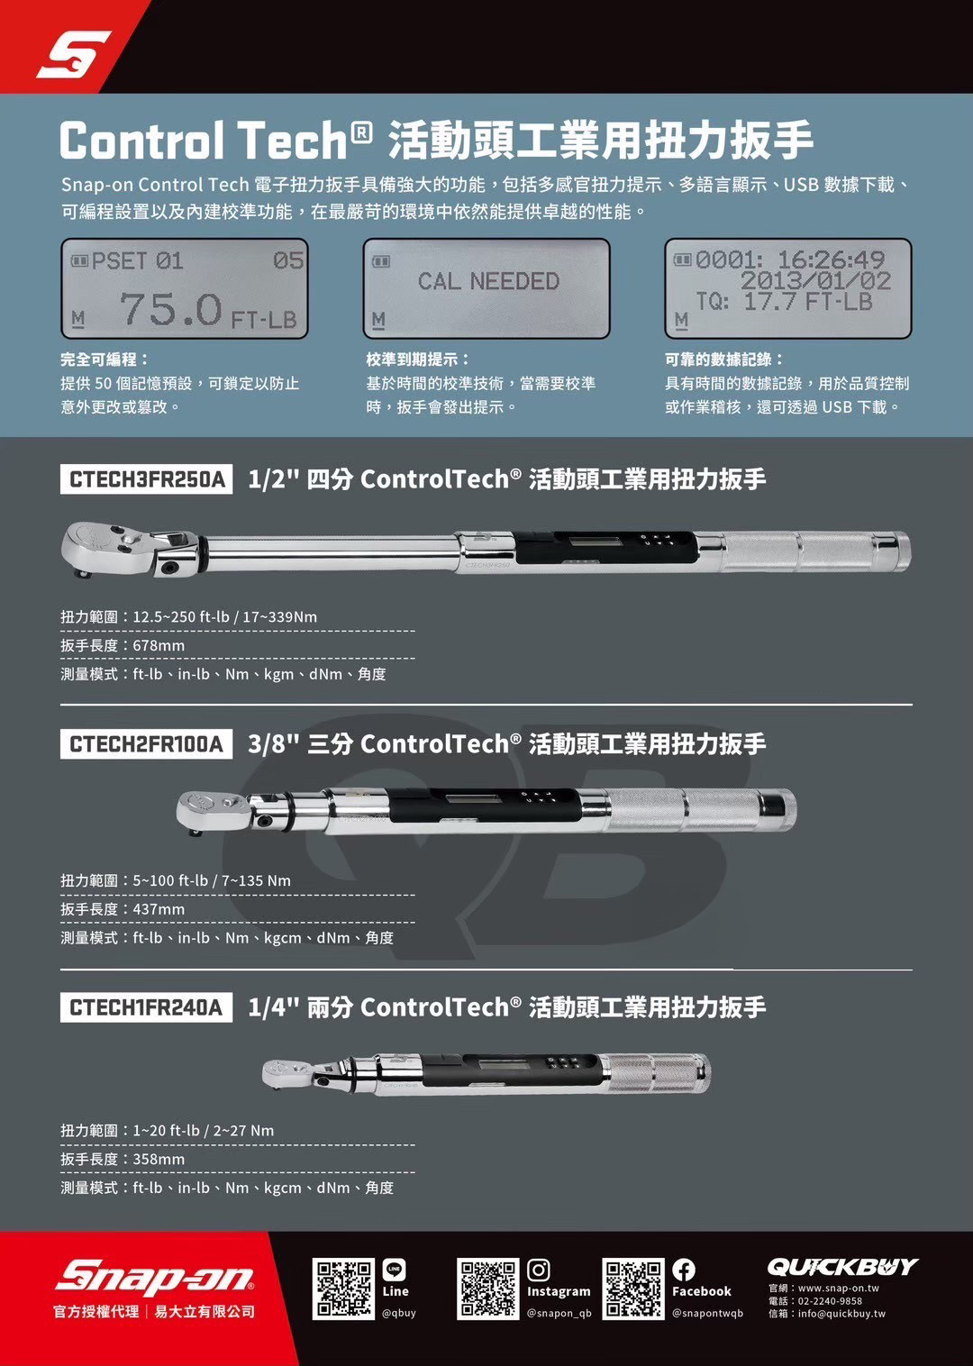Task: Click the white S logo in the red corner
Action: coord(74,54)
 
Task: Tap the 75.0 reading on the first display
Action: coord(170,309)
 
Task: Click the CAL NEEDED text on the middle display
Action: coord(488,281)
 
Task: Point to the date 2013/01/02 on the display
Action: coord(815,280)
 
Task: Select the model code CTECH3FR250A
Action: coord(146,479)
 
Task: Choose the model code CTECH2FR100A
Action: coord(146,744)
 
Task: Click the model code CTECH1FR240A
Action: coord(146,1007)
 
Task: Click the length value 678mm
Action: coord(159,645)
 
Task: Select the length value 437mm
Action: coord(159,909)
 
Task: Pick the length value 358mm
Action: coord(159,1159)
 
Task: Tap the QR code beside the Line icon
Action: coord(343,1288)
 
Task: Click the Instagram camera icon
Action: coord(539,1270)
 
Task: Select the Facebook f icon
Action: coord(684,1270)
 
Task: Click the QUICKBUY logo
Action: coord(842,1267)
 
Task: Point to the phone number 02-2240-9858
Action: coord(830,1301)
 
